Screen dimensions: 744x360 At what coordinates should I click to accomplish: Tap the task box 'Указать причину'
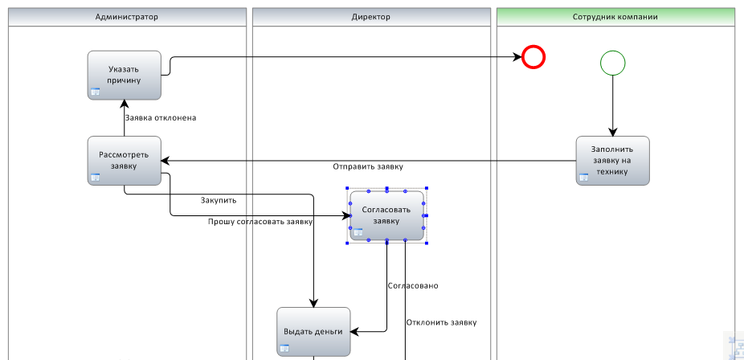[x=125, y=76]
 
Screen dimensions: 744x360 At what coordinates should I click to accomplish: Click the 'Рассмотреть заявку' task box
[x=125, y=161]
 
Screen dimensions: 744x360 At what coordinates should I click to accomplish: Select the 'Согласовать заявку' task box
[x=386, y=216]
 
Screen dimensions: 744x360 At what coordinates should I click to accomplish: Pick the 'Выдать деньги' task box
[x=313, y=332]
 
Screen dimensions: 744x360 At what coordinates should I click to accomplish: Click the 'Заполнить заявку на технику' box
[x=612, y=161]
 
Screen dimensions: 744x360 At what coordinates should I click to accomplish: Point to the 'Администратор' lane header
[x=127, y=17]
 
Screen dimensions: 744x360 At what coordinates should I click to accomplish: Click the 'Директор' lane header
[x=371, y=17]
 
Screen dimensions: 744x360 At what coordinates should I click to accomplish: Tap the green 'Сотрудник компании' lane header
[x=615, y=17]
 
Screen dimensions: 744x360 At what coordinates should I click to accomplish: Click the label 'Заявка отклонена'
[x=161, y=117]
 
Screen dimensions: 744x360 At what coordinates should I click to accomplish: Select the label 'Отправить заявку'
[x=368, y=166]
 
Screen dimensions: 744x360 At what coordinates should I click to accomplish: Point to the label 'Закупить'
[x=219, y=200]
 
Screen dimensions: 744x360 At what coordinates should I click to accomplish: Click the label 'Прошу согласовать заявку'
[x=260, y=222]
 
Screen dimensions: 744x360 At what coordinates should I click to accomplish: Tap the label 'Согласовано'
[x=413, y=285]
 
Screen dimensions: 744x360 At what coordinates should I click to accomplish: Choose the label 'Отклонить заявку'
[x=441, y=322]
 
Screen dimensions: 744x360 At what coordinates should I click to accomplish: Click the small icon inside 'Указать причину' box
[x=96, y=92]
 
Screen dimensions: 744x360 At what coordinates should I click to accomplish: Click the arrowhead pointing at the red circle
[x=517, y=57]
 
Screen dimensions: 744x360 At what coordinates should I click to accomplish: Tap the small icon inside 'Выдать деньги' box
[x=284, y=349]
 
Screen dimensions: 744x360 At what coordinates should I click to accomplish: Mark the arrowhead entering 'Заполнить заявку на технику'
[x=612, y=132]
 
